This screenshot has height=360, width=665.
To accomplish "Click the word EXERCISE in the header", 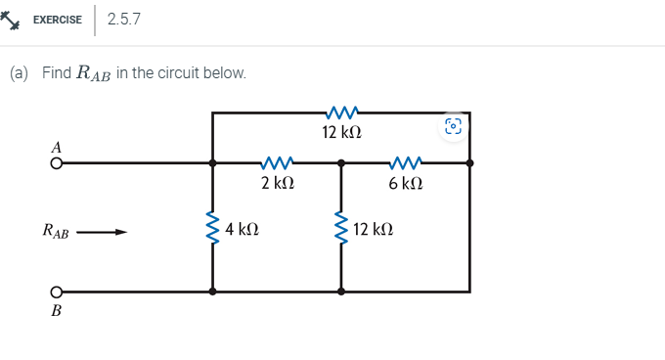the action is click(58, 19).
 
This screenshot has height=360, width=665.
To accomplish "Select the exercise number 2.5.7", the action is click(124, 19).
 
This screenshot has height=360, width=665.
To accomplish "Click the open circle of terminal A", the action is click(57, 164).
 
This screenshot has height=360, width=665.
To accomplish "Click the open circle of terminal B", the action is click(57, 292).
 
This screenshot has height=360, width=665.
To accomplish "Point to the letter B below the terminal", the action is click(56, 311).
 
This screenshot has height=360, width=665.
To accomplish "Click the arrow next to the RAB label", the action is click(103, 233).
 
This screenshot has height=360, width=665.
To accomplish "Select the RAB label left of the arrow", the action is click(56, 233).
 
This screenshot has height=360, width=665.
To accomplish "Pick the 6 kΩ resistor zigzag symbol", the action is click(405, 163).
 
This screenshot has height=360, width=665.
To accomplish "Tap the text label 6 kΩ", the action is click(405, 183).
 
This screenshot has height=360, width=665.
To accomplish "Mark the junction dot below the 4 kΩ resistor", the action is click(212, 292).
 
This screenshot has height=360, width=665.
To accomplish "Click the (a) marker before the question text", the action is click(19, 73).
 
